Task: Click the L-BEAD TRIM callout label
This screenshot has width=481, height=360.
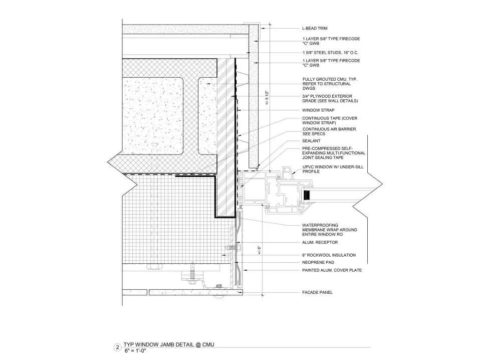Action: coord(315,28)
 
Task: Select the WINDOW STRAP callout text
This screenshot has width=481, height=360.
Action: coord(318,110)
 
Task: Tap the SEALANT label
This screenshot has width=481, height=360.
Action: coord(311,141)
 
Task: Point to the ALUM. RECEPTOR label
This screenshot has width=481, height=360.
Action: coord(320,243)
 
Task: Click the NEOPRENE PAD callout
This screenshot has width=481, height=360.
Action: coord(318,262)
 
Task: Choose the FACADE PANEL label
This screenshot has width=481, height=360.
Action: coord(317,292)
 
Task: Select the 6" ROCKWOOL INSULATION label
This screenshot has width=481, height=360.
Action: coord(329,255)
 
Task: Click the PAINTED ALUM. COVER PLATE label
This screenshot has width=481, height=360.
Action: coord(332,270)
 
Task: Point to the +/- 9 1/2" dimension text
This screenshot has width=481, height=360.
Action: coord(267,98)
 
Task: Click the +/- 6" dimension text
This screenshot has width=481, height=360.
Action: coord(259,250)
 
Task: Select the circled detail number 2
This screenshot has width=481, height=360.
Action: coord(117,347)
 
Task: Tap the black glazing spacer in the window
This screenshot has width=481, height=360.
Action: coord(307,195)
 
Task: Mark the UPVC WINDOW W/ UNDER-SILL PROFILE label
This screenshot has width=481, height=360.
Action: coord(333,169)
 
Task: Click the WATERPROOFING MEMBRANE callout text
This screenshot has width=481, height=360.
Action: coord(330,230)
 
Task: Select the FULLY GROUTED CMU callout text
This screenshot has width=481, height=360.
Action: coord(330,84)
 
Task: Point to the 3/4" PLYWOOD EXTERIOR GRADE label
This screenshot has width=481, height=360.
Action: coord(330,98)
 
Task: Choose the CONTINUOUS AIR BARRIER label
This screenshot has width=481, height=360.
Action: coord(330,131)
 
